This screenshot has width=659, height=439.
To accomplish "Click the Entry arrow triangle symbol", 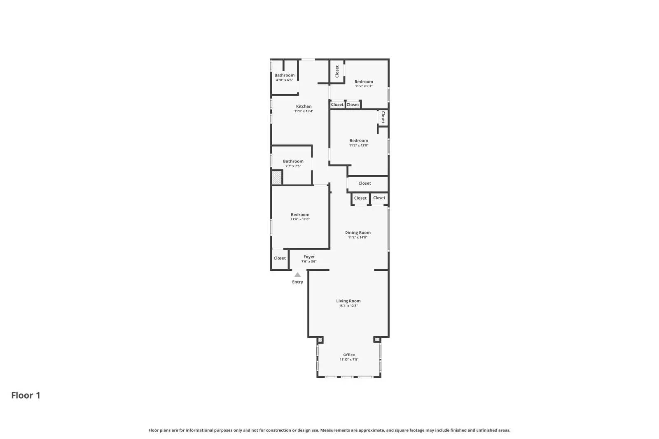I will point(297,275).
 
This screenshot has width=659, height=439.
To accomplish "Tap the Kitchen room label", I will point(304,107).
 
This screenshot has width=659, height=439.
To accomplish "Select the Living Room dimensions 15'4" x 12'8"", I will point(348,306).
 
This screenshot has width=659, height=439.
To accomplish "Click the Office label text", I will point(349,355).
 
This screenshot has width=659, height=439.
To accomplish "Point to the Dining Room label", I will point(358,232).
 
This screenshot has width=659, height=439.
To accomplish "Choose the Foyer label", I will point(309,257).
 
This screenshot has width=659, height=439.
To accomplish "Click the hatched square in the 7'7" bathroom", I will point(276,178).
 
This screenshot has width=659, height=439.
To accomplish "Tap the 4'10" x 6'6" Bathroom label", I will point(284,75).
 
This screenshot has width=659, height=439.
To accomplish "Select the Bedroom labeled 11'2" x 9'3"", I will point(364,81).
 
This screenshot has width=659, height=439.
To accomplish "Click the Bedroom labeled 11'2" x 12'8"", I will point(358,141).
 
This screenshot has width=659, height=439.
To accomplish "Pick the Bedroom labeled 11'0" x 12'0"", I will point(300,215).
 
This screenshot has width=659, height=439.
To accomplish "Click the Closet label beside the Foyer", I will point(280,258).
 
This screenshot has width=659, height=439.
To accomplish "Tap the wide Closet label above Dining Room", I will point(365,183).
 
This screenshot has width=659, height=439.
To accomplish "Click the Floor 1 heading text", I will point(26,395).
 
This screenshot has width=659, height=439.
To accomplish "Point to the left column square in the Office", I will point(320,340).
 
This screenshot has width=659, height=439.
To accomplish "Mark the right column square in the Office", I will point(377,339).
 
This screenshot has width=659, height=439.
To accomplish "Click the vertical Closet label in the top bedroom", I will point(337,71).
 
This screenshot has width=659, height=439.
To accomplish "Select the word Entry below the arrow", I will point(297,282).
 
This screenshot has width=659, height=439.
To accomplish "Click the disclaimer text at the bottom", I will point(329,430).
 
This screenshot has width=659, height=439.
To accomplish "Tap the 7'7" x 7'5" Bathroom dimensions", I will point(293,166).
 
